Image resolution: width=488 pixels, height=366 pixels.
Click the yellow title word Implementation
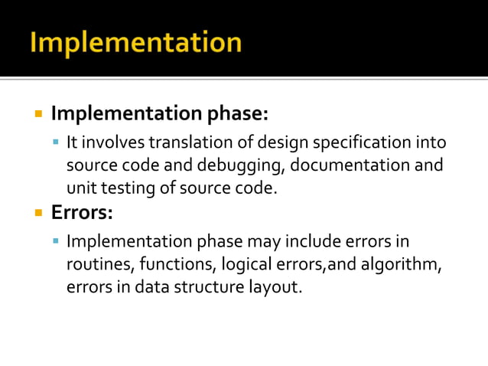135,42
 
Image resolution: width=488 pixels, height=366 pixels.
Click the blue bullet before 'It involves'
56,142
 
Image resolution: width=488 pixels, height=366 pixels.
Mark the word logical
246,265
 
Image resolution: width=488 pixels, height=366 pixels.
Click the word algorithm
403,265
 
